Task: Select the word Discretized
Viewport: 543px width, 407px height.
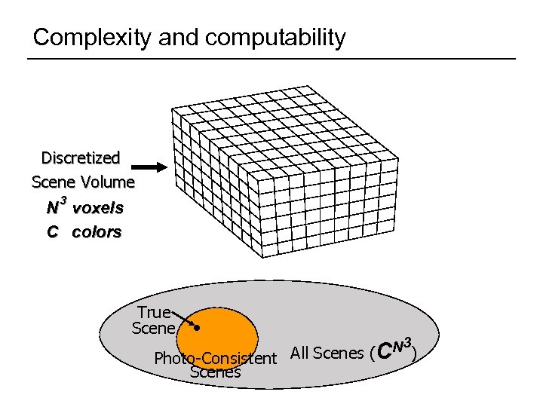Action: (81, 158)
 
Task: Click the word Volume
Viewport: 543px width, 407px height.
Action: (109, 182)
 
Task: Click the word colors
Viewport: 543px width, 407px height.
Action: (97, 232)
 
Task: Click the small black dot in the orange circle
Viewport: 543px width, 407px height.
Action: (196, 329)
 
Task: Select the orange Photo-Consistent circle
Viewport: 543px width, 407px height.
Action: (226, 332)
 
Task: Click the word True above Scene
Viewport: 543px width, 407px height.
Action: (154, 312)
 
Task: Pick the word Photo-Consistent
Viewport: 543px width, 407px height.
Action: (215, 358)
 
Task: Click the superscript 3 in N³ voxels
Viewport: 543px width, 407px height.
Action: (63, 200)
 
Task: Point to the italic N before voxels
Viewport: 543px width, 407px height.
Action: (53, 207)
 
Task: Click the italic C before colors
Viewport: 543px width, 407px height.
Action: (52, 232)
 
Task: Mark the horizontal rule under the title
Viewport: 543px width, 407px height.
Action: (271, 59)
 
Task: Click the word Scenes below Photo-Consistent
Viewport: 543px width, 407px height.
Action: (215, 372)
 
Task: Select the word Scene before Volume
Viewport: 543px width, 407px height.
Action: (53, 182)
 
